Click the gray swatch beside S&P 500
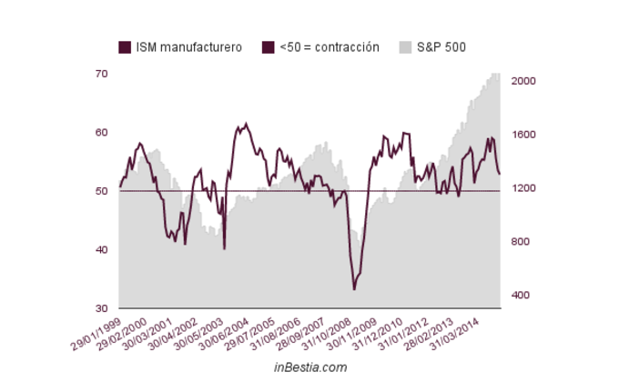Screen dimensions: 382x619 [x=407, y=46]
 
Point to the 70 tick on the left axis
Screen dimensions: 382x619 [x=101, y=74]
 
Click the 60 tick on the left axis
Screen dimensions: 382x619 [x=101, y=133]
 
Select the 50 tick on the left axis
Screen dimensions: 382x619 [x=101, y=191]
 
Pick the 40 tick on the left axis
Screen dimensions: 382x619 [x=101, y=250]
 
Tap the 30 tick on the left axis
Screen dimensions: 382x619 [x=101, y=308]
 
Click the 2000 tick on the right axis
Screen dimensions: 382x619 [x=523, y=81]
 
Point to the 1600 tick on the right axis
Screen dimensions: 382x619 [x=523, y=135]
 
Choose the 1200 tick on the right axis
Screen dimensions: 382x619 [x=523, y=188]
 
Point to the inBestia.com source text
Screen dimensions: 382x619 [x=310, y=367]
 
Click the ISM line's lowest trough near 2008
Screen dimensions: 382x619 [x=354, y=288]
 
